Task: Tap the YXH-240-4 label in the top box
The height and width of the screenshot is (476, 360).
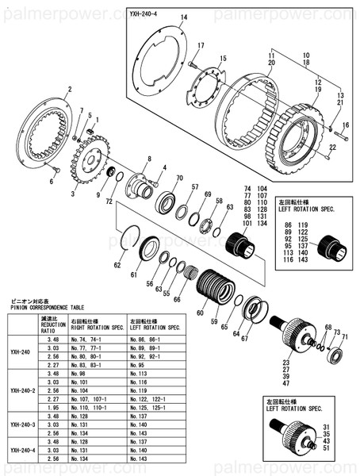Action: point(148,13)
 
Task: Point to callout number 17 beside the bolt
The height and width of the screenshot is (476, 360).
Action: point(201,45)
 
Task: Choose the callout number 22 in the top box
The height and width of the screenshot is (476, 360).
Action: point(333,147)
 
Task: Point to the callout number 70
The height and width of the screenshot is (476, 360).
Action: point(179,178)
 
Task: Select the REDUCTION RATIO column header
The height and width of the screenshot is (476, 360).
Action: point(52,324)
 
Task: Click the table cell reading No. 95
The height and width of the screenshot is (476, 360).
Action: point(139,365)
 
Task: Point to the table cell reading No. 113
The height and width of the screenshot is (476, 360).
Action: point(141,373)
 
